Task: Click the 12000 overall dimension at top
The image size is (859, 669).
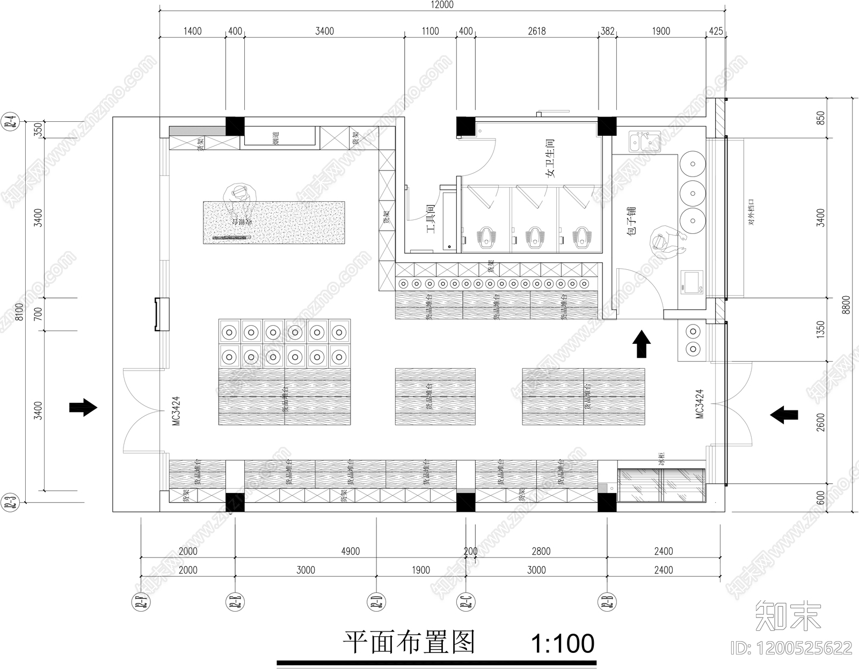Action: pyautogui.click(x=441, y=5)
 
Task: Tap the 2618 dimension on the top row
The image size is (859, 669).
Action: pyautogui.click(x=536, y=31)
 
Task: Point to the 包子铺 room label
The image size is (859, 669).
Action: pyautogui.click(x=631, y=220)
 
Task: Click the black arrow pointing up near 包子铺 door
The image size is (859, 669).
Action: pyautogui.click(x=642, y=344)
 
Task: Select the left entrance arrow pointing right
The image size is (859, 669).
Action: pyautogui.click(x=83, y=408)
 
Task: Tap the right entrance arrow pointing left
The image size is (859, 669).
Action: pyautogui.click(x=784, y=414)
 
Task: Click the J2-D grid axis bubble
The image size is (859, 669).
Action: pyautogui.click(x=376, y=602)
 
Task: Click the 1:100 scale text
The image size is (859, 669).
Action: pyautogui.click(x=562, y=643)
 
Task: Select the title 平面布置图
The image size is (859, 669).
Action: pyautogui.click(x=409, y=642)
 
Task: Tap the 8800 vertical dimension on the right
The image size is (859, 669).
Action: pyautogui.click(x=846, y=305)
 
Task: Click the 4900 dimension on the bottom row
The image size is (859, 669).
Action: pyautogui.click(x=350, y=551)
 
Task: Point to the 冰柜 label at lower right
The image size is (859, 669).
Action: pyautogui.click(x=661, y=460)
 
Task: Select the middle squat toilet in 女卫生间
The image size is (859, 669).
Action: pyautogui.click(x=534, y=237)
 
